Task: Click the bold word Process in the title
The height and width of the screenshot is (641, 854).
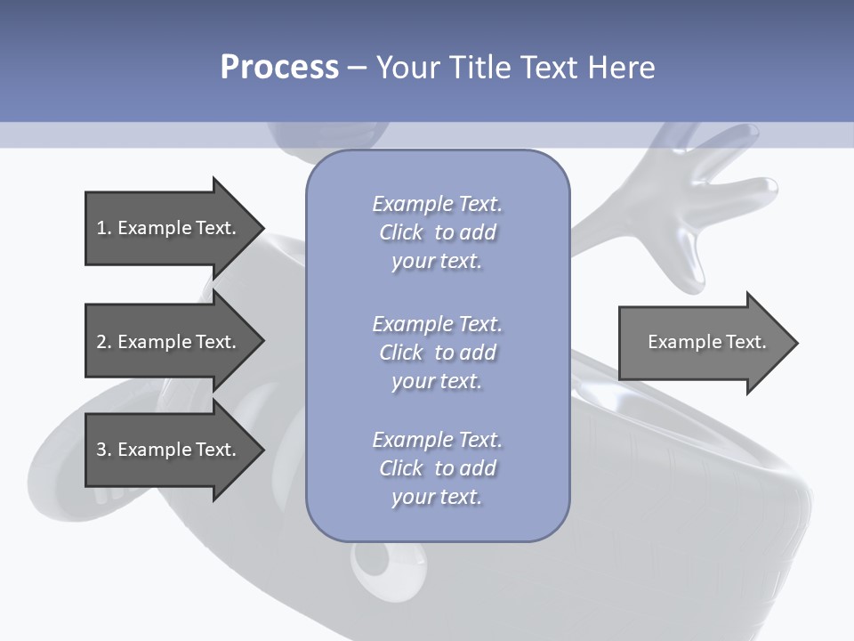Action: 279,67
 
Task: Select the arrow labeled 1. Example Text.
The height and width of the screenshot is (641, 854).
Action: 169,228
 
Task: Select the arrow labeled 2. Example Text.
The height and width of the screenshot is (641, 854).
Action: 169,342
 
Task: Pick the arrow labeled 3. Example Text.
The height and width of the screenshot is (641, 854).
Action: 169,450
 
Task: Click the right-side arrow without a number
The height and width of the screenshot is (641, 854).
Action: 703,342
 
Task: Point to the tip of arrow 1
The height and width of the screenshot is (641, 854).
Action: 262,228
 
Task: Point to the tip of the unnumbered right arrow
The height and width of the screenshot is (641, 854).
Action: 796,343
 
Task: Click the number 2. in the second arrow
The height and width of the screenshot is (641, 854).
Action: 103,342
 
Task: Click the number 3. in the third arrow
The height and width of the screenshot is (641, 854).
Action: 103,450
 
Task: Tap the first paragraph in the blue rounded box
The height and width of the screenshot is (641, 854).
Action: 437,232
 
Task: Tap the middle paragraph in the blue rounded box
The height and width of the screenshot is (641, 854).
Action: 437,352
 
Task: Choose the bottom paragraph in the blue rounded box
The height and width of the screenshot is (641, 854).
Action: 437,467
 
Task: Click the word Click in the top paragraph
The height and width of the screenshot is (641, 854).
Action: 401,232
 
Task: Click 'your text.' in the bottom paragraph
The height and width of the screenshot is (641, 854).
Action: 437,497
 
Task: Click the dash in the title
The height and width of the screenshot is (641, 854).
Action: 357,68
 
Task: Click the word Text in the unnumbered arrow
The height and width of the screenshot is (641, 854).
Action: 746,342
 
